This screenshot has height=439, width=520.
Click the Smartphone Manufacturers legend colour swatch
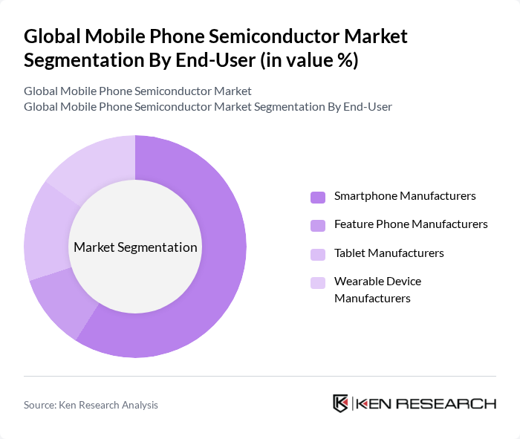[x=318, y=197]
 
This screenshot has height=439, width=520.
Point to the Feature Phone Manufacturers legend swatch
[x=318, y=224]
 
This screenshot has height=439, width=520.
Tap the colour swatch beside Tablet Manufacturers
[x=318, y=253]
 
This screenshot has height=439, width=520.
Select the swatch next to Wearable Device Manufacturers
[x=318, y=282]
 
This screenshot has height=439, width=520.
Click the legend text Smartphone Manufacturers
[x=405, y=196]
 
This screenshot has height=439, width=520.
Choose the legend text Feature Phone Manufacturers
[x=411, y=224]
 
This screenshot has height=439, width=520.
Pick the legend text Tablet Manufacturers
[x=389, y=253]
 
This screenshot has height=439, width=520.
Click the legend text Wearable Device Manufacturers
[x=377, y=290]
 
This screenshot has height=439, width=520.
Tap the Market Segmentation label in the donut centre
[x=135, y=247]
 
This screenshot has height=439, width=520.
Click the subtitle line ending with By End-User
[x=208, y=107]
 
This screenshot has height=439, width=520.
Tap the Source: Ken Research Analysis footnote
[x=91, y=405]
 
